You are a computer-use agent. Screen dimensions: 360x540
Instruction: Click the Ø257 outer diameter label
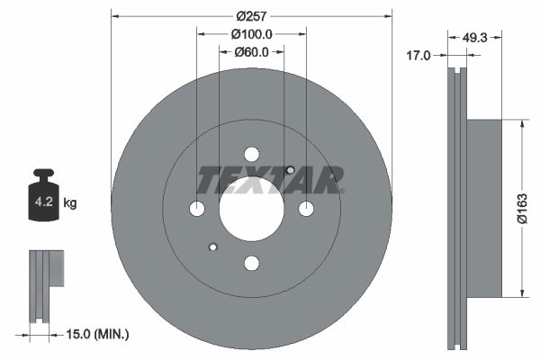click(251, 16)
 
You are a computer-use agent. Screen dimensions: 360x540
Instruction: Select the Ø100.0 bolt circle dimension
click(251, 33)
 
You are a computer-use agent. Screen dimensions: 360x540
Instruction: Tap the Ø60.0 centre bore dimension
click(251, 51)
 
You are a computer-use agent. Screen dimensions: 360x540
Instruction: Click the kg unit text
click(70, 203)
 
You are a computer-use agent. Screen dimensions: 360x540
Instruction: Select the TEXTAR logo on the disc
click(270, 181)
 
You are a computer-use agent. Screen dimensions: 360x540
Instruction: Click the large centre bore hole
click(251, 208)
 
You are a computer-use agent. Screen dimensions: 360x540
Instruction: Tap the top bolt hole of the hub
click(251, 154)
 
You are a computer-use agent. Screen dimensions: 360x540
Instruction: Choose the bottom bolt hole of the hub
click(251, 262)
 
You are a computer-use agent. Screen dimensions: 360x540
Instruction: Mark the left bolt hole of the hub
click(197, 209)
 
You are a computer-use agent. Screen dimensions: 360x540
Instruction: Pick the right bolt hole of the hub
click(305, 209)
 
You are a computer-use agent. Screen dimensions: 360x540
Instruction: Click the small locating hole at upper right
click(290, 169)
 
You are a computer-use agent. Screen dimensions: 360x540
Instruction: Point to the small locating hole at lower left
click(212, 247)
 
